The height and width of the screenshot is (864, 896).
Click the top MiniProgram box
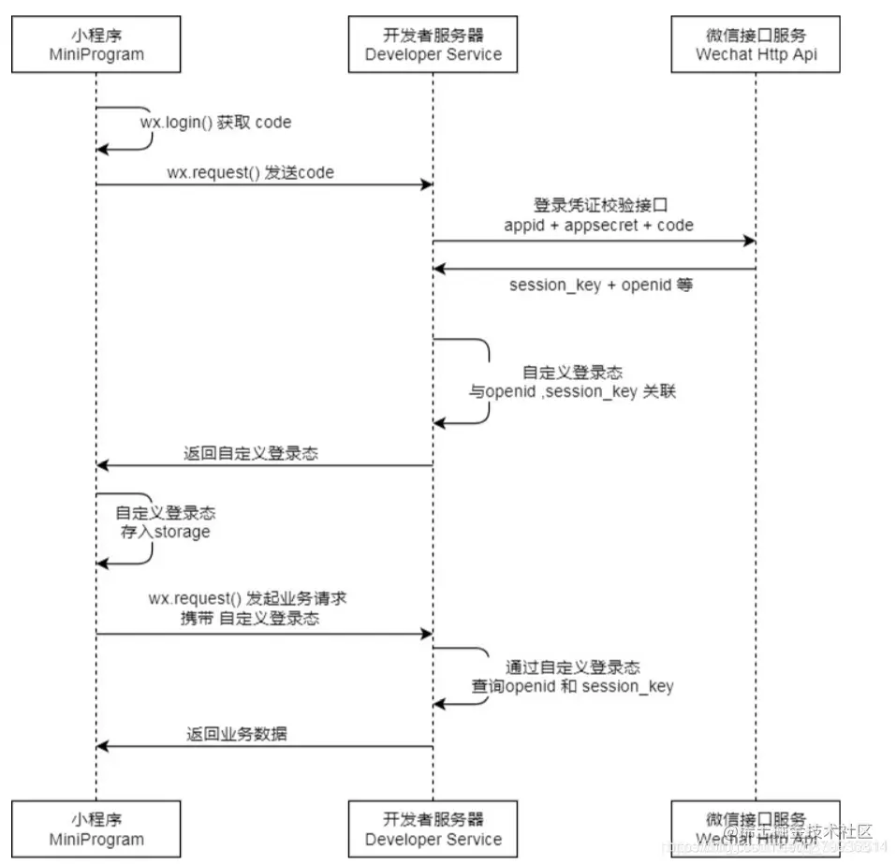pos(96,44)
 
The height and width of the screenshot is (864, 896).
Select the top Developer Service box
pos(433,44)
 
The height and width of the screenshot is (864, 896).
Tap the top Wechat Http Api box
pos(756,44)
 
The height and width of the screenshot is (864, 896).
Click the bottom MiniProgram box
pos(96,829)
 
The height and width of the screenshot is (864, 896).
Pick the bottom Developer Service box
pos(433,829)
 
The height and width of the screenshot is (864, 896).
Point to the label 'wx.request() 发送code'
pos(250,172)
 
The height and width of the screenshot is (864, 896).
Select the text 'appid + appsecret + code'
pos(599,225)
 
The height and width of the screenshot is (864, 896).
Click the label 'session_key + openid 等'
pos(600,285)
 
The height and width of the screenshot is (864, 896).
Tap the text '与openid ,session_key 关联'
pos(571,391)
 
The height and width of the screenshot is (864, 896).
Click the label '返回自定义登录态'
pos(250,453)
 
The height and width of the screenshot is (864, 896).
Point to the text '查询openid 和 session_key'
pos(571,686)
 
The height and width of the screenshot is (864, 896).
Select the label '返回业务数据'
pos(236,734)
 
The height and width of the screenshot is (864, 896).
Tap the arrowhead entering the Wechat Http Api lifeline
pos(749,242)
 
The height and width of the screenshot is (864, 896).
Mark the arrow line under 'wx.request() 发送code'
pos(262,185)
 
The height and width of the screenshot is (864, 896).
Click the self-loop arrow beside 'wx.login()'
pos(150,126)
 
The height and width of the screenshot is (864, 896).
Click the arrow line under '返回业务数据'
pos(262,746)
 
